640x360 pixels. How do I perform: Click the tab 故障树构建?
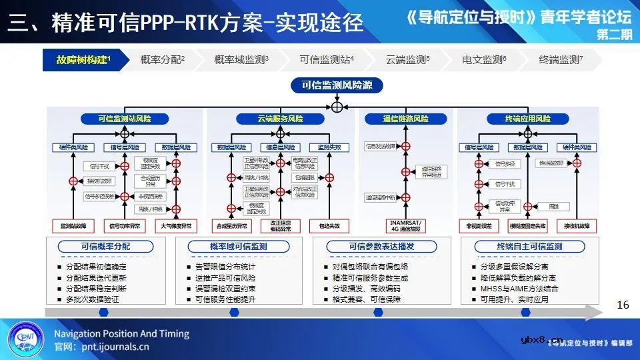click(83, 60)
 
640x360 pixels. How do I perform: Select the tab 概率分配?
click(162, 60)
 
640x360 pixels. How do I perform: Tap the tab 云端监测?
click(407, 60)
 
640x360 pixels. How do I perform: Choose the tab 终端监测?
click(561, 60)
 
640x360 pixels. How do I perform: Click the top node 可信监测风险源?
click(337, 85)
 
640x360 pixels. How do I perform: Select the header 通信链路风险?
click(405, 119)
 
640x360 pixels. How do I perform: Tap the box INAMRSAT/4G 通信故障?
click(405, 225)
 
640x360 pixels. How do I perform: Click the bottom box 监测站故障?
click(73, 226)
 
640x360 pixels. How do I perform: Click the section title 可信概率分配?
click(105, 247)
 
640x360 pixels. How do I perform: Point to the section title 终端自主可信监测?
click(529, 247)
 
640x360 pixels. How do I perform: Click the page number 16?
click(623, 305)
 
